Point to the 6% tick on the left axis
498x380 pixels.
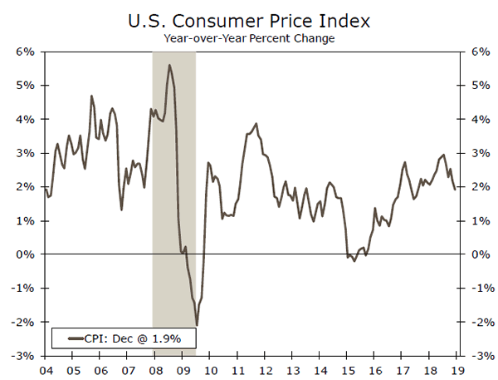pyautogui.click(x=23, y=52)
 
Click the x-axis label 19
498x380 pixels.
pyautogui.click(x=456, y=370)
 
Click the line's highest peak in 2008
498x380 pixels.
pyautogui.click(x=169, y=65)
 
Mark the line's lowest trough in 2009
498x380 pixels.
pyautogui.click(x=197, y=325)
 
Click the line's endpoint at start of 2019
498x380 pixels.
pyautogui.click(x=455, y=190)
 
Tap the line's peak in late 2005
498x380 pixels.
pyautogui.click(x=91, y=96)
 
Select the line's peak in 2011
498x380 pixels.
pyautogui.click(x=256, y=123)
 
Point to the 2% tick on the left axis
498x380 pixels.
pyautogui.click(x=23, y=187)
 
